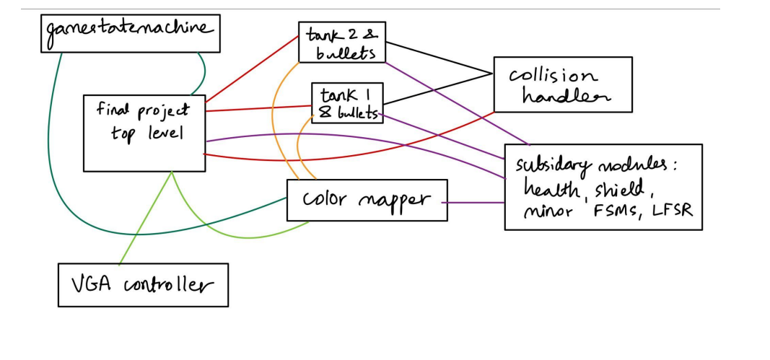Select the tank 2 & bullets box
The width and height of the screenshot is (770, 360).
point(342,43)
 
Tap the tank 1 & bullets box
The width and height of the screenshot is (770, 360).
point(347,102)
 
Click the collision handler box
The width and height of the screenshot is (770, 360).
point(563,84)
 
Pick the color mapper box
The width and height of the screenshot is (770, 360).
point(367,200)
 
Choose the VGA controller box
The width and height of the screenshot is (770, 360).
point(143,285)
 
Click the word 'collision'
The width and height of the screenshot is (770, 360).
point(554,76)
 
